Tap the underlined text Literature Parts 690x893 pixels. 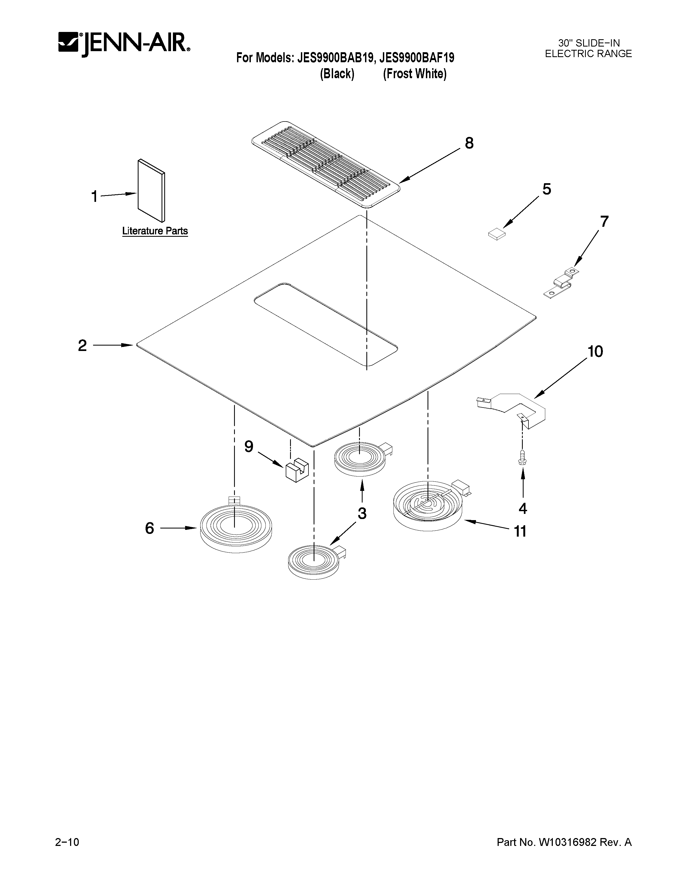tap(155, 231)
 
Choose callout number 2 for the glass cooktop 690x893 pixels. tap(83, 346)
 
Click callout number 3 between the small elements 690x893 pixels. tap(362, 514)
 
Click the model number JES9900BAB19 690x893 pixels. tap(335, 58)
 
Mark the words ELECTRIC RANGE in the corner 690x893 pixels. tap(588, 54)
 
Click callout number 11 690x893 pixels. tap(520, 531)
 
